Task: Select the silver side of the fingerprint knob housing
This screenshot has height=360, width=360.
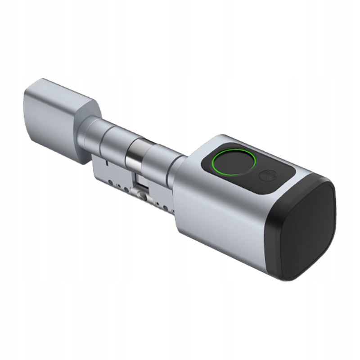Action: pyautogui.click(x=220, y=211)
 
